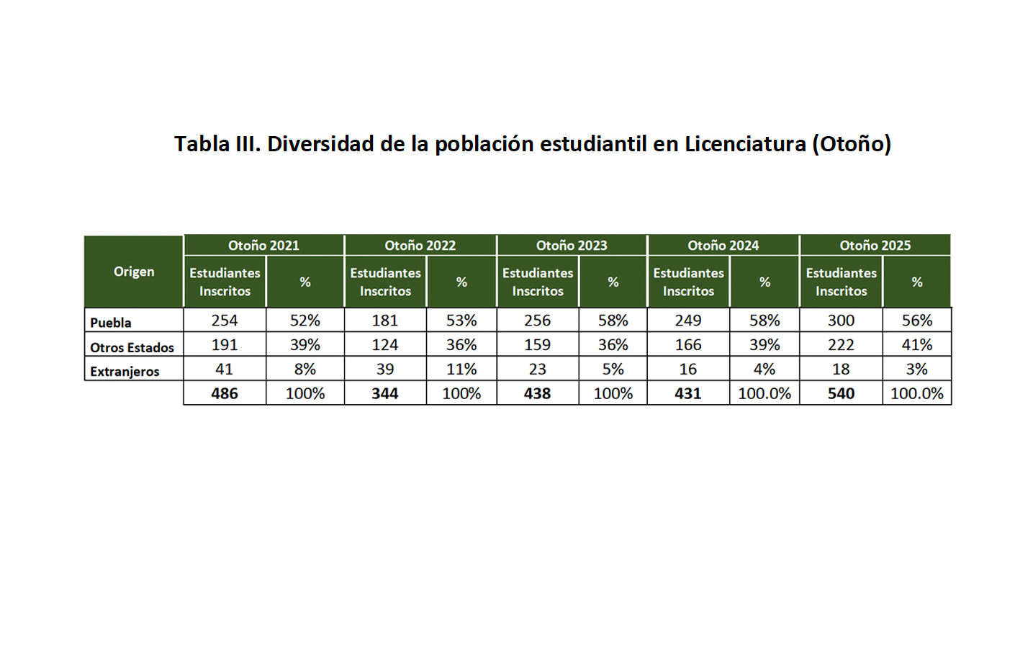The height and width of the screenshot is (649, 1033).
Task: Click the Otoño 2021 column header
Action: click(x=263, y=245)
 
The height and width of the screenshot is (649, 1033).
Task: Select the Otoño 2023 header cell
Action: click(x=572, y=245)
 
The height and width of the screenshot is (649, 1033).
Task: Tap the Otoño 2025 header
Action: click(x=875, y=245)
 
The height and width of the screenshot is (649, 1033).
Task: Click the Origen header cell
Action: click(x=134, y=272)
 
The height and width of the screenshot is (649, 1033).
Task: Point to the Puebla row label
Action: click(x=111, y=323)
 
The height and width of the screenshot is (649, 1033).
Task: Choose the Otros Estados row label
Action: click(x=132, y=347)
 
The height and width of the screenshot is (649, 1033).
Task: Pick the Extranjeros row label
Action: click(x=125, y=372)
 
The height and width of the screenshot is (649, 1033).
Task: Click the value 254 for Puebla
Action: click(x=225, y=321)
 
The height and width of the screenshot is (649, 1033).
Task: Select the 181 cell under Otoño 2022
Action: click(x=385, y=321)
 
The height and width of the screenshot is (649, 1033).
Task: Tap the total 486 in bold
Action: click(x=225, y=393)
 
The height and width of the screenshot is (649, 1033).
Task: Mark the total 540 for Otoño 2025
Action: click(x=841, y=393)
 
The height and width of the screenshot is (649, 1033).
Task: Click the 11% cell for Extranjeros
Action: click(x=461, y=369)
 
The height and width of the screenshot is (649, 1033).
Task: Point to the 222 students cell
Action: click(x=841, y=345)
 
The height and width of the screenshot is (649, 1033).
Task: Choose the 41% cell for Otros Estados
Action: click(x=916, y=345)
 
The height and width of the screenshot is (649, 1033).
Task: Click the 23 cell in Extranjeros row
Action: click(x=538, y=369)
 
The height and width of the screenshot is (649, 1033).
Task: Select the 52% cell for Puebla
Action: click(x=305, y=321)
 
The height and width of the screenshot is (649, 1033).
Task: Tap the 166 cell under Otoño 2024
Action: click(x=688, y=345)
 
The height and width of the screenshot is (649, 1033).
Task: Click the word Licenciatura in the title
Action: click(x=745, y=144)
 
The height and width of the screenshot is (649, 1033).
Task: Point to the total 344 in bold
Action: click(x=385, y=393)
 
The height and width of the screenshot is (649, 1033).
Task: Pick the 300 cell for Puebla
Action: click(x=841, y=321)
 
